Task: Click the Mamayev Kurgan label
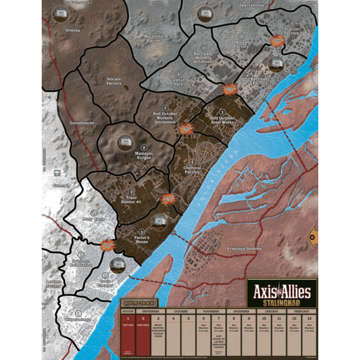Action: pos(143,156)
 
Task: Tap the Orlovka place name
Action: pos(73,30)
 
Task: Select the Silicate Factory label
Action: pos(114,82)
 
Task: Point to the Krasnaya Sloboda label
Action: pos(244,248)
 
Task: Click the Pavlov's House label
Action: pos(142,240)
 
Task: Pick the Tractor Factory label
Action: pos(292,31)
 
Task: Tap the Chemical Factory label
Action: pos(192,170)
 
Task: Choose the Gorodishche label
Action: pos(82,123)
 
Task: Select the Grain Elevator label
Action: pos(105,283)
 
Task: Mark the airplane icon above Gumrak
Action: pos(57,173)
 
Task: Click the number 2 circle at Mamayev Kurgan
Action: pos(144,148)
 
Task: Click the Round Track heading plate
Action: pos(139,303)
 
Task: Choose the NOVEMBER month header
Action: pos(211,311)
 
